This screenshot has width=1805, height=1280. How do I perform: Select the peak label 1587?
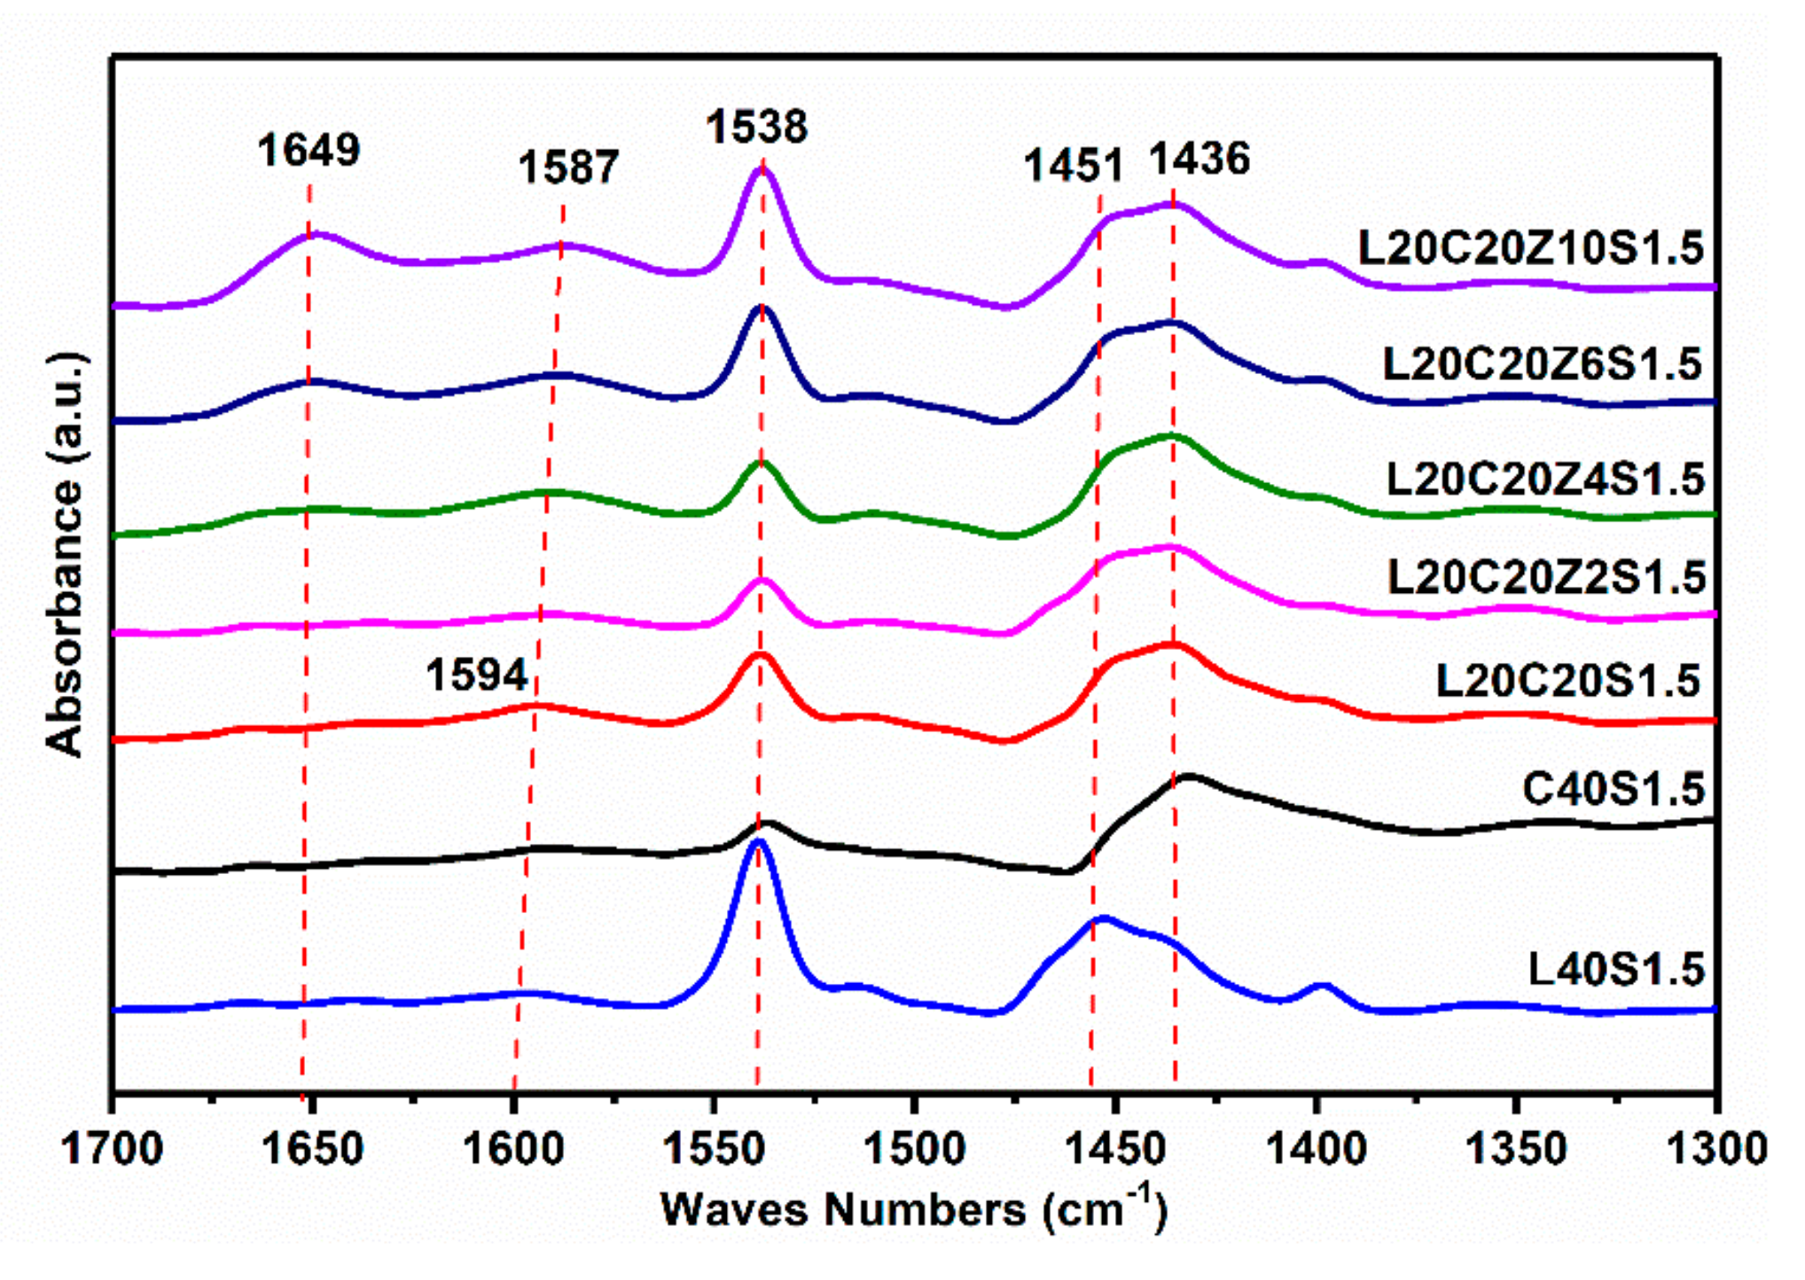(x=568, y=167)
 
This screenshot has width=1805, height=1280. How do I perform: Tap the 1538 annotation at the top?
(x=756, y=126)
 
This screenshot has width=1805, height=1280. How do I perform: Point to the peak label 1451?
(x=1073, y=165)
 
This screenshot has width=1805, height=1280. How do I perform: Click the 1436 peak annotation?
(x=1199, y=159)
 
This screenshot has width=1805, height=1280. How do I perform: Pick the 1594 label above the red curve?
(x=477, y=675)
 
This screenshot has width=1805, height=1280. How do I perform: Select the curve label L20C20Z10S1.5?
(x=1530, y=247)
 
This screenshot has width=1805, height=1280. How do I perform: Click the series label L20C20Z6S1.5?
(x=1542, y=363)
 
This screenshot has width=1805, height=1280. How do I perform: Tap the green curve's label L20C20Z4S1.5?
(x=1544, y=479)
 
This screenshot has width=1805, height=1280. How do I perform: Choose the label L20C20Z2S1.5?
(x=1545, y=577)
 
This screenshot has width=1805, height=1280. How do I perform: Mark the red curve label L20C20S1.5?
(x=1567, y=681)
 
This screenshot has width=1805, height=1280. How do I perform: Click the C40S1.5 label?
(x=1613, y=787)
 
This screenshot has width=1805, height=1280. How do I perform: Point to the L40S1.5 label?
(x=1615, y=969)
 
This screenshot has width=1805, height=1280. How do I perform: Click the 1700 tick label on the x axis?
(x=113, y=1150)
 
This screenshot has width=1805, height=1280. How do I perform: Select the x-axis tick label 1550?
(x=715, y=1150)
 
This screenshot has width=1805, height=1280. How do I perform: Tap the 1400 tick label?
(x=1316, y=1150)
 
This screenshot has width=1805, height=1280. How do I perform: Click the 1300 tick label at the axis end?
(x=1716, y=1150)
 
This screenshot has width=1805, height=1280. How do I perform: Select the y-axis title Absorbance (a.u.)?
(x=66, y=554)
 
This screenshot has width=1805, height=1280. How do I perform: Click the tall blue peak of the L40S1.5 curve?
(x=758, y=844)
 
